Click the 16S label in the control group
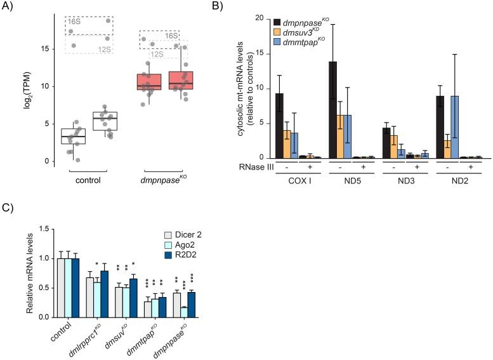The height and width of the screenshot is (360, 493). point(74,22)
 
